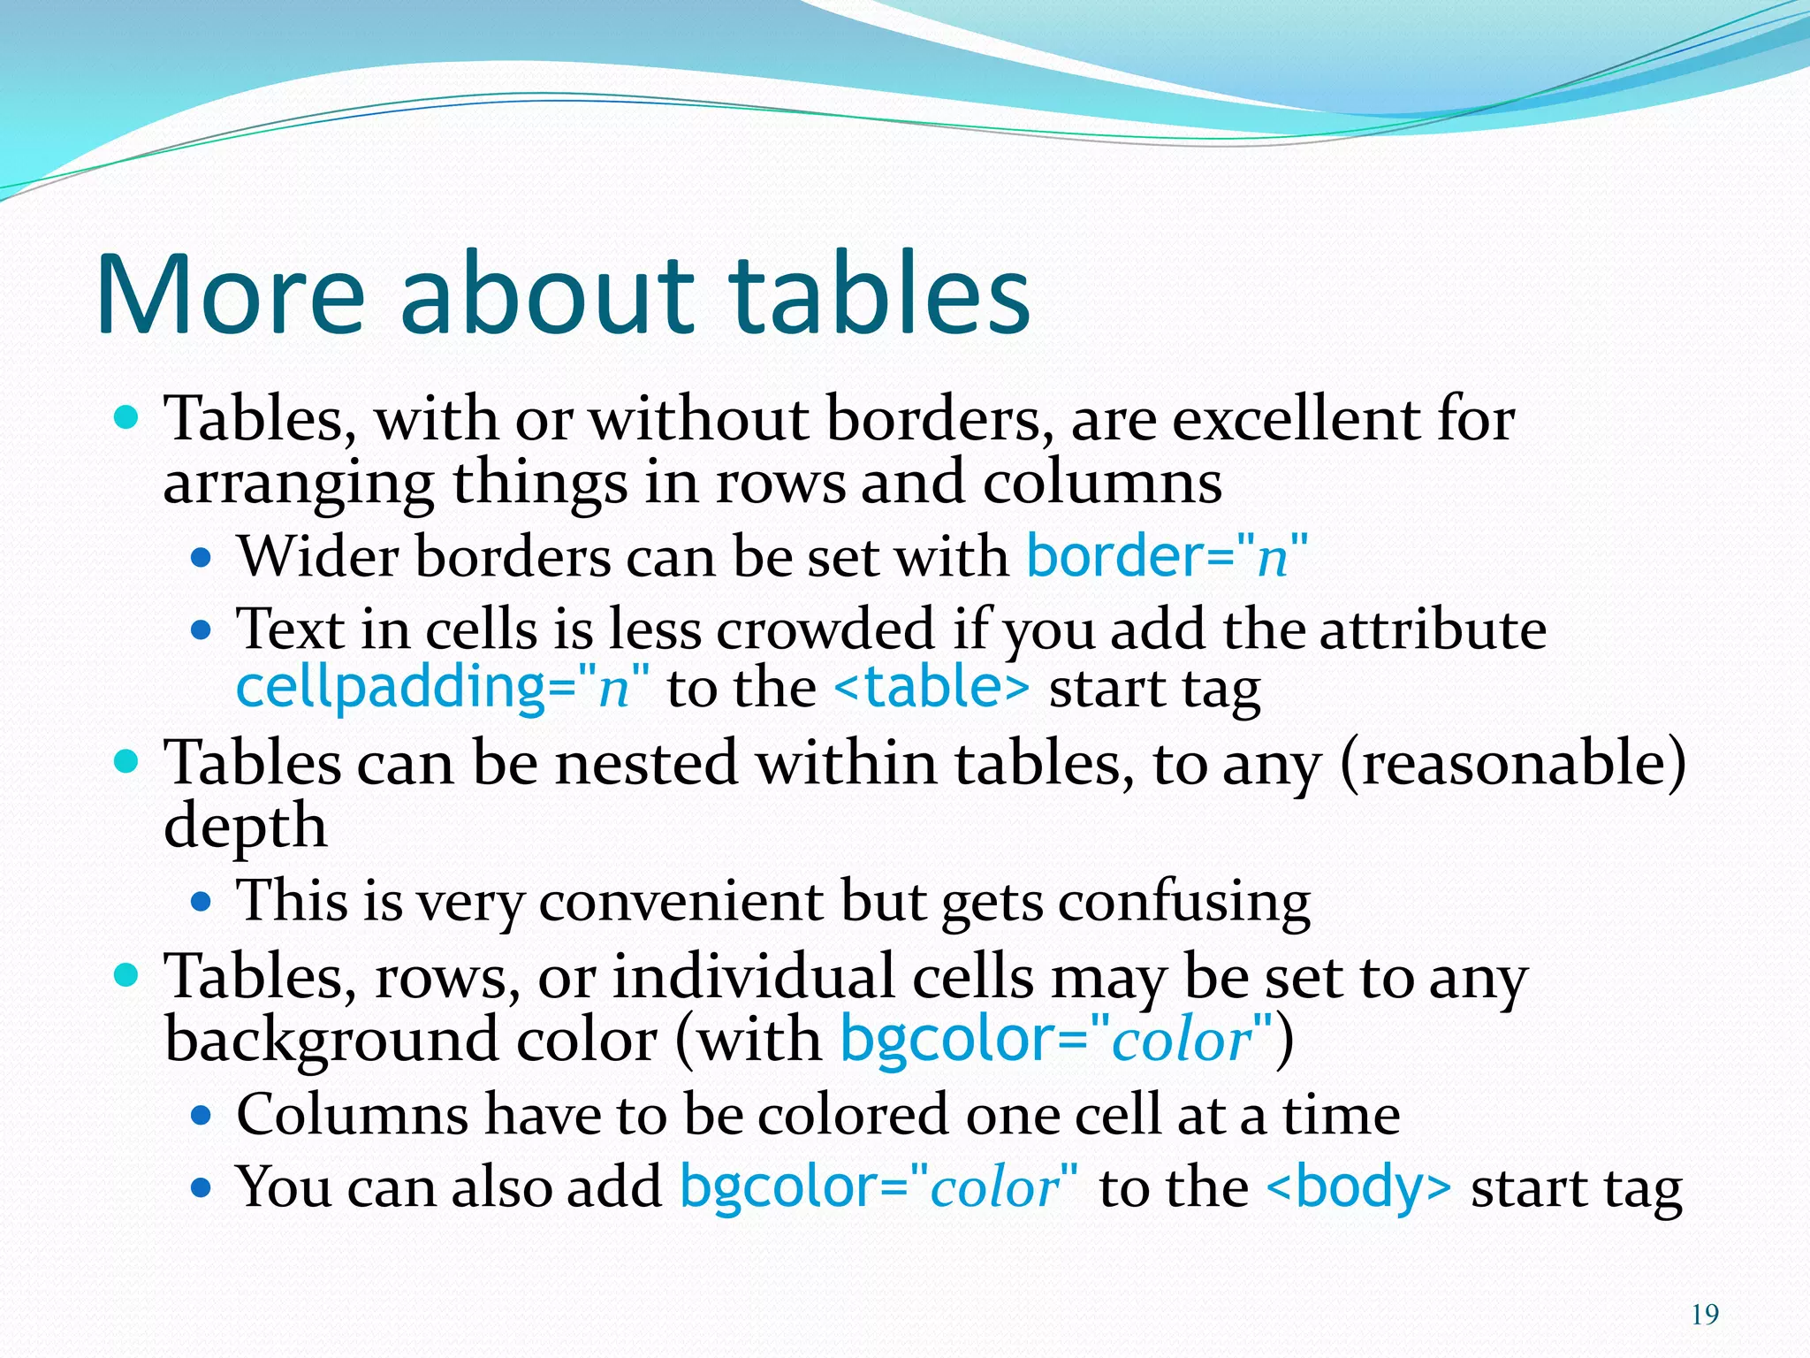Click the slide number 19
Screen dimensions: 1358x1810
pyautogui.click(x=1705, y=1315)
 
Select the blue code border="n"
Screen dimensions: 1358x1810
pyautogui.click(x=1166, y=557)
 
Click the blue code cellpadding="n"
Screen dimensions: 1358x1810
pyautogui.click(x=442, y=688)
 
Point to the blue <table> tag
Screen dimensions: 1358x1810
pyautogui.click(x=932, y=688)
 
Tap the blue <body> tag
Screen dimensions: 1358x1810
pyautogui.click(x=1358, y=1186)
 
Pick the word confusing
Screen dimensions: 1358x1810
pyautogui.click(x=1184, y=902)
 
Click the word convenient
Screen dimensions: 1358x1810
pyautogui.click(x=681, y=902)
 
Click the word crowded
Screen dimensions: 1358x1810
pyautogui.click(x=825, y=629)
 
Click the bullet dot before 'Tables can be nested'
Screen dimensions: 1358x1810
pyautogui.click(x=127, y=761)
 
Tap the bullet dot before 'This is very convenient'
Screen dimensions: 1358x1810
pyautogui.click(x=202, y=902)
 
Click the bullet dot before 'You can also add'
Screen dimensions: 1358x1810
pyautogui.click(x=202, y=1186)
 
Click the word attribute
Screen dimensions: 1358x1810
pyautogui.click(x=1433, y=629)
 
